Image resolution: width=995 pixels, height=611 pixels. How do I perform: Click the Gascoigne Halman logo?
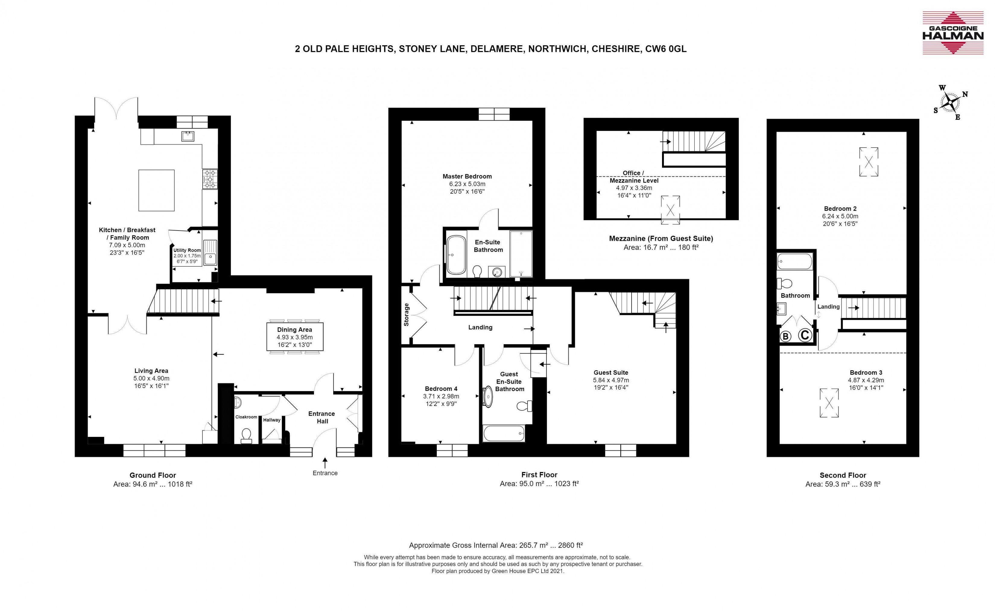[x=952, y=33]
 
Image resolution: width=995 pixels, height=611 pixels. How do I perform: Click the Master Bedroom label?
[x=467, y=176]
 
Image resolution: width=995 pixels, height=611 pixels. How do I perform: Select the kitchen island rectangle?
[x=156, y=190]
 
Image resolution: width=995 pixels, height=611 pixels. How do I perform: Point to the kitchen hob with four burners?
[x=210, y=179]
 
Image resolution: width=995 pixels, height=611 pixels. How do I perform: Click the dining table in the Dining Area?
[x=294, y=337]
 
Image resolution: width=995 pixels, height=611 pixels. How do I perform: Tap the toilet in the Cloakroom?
[x=246, y=436]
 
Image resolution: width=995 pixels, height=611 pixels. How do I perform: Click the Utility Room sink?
[x=210, y=253]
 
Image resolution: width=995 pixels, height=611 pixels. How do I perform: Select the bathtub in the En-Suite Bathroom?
[x=456, y=255]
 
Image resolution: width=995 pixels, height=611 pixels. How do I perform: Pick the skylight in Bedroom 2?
[x=868, y=162]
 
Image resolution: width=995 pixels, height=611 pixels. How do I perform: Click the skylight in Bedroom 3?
[x=829, y=403]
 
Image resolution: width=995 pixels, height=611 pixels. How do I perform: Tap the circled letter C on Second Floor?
[x=805, y=335]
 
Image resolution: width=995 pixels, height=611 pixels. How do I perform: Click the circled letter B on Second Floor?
[x=785, y=336]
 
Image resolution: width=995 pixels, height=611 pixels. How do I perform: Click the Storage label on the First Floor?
[x=407, y=314]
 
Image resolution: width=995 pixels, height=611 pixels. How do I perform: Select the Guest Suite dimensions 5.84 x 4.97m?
[x=611, y=380]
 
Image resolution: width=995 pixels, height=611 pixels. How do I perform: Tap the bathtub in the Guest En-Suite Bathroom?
[x=504, y=433]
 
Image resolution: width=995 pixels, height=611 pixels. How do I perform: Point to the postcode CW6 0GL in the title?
[x=666, y=49]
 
